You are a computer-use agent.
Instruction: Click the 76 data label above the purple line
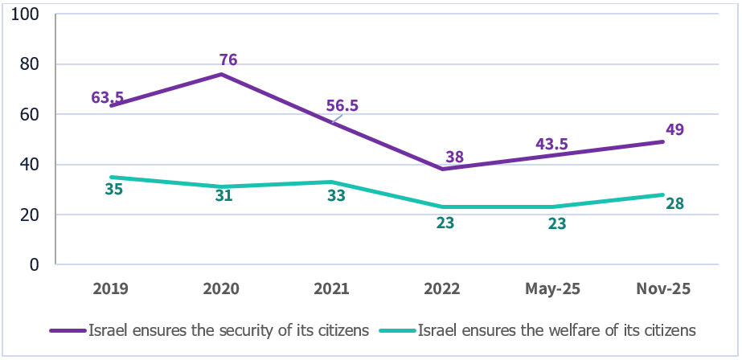[228, 59]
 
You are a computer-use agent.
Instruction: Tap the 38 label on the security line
[454, 157]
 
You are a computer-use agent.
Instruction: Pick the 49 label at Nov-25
[674, 130]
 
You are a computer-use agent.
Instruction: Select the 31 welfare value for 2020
[223, 195]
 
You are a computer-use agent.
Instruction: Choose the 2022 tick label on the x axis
[441, 288]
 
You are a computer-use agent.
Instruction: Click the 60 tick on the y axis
[31, 115]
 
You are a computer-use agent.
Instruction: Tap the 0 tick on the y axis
[35, 264]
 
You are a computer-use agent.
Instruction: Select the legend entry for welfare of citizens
[554, 329]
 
